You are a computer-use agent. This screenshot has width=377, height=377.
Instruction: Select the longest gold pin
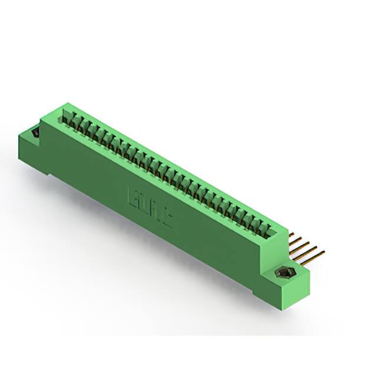[x=315, y=255]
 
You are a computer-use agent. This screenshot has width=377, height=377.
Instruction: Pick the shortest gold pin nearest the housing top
[x=293, y=235]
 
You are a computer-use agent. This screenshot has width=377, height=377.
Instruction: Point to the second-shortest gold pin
[x=297, y=240]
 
